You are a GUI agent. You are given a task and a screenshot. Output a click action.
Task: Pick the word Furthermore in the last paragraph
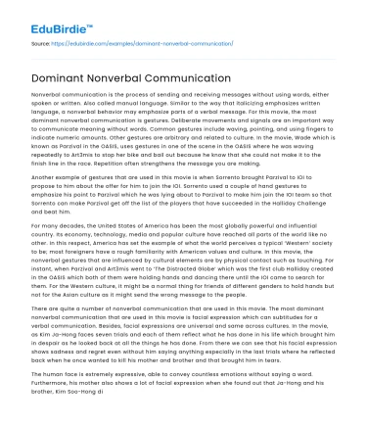pyautogui.click(x=39, y=411)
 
